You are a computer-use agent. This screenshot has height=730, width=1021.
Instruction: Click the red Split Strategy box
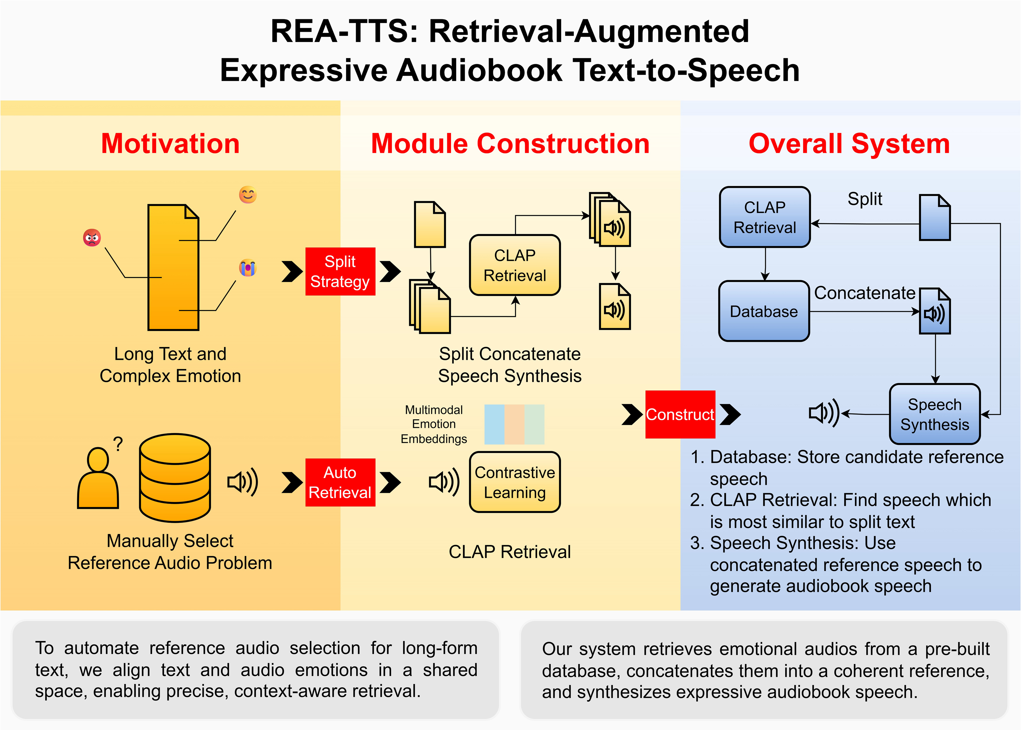coord(340,272)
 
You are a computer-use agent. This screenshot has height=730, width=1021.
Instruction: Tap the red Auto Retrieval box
coord(340,482)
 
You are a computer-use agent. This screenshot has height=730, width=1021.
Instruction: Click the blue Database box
coord(764,311)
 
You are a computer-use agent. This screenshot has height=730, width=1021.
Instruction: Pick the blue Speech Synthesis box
coord(935,414)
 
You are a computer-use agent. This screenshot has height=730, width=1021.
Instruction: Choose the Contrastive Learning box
coord(515,482)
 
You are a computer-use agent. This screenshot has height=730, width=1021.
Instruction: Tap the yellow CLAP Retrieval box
coord(515,265)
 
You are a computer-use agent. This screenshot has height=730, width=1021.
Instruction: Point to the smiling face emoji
coord(248,195)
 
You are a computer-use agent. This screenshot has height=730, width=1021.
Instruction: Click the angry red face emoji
coord(92,237)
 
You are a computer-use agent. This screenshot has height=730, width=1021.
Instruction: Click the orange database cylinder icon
coord(175,478)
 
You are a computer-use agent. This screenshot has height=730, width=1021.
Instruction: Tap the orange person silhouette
coord(98,478)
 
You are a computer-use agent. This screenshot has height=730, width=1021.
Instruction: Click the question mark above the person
coord(118,444)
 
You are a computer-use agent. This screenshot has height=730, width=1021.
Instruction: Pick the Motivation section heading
coord(170,144)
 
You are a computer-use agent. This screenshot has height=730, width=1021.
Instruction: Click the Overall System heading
coord(849,144)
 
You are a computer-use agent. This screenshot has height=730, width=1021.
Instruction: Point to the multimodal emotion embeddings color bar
coord(514,424)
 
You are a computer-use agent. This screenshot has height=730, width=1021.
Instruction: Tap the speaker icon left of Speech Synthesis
coord(824,413)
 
